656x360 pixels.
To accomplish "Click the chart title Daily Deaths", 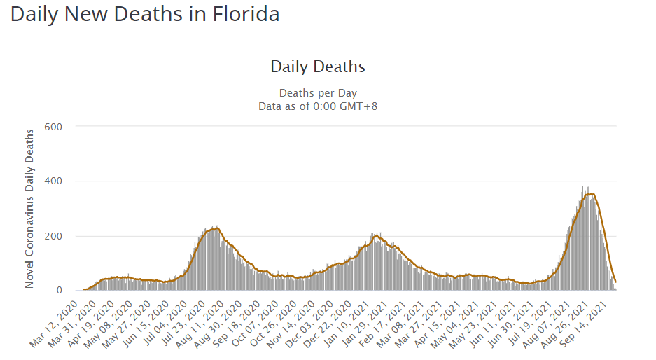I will [318, 67].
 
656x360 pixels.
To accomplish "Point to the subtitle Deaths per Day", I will [318, 92].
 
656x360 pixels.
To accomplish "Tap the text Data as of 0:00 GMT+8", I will [318, 106].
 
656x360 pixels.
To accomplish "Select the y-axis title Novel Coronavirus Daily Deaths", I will [29, 208].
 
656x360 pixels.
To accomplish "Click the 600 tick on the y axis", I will [55, 127].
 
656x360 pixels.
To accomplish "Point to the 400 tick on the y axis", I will [55, 181].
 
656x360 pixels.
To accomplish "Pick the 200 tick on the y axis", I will [55, 236].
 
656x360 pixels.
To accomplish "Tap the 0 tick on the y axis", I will [60, 291].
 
